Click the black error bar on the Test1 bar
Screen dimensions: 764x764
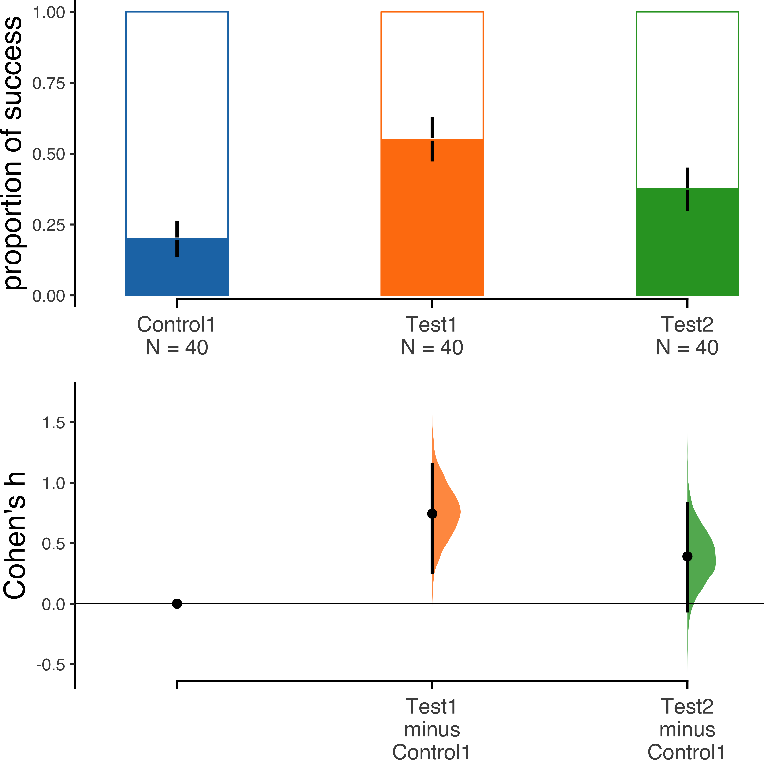432,139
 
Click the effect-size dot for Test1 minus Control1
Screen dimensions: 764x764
432,514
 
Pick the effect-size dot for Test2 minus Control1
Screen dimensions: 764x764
687,556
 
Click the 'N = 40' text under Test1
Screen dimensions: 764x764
432,348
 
